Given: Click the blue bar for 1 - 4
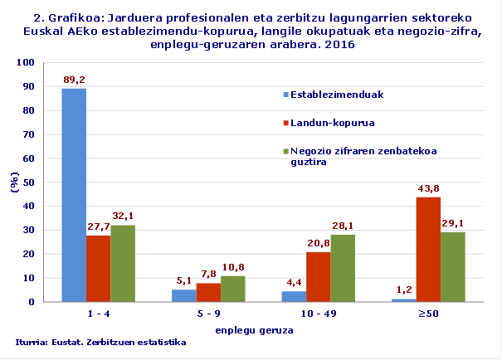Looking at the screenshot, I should (74, 195).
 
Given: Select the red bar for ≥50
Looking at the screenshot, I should (428, 250).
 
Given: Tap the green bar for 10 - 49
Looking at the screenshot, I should (344, 268).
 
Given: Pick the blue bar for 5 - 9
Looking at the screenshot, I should (184, 295).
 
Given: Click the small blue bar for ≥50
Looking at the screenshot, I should (404, 299).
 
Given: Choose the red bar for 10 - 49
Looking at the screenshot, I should (319, 276).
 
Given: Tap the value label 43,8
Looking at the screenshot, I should (428, 189).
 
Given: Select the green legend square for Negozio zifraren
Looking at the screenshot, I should (286, 151).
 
